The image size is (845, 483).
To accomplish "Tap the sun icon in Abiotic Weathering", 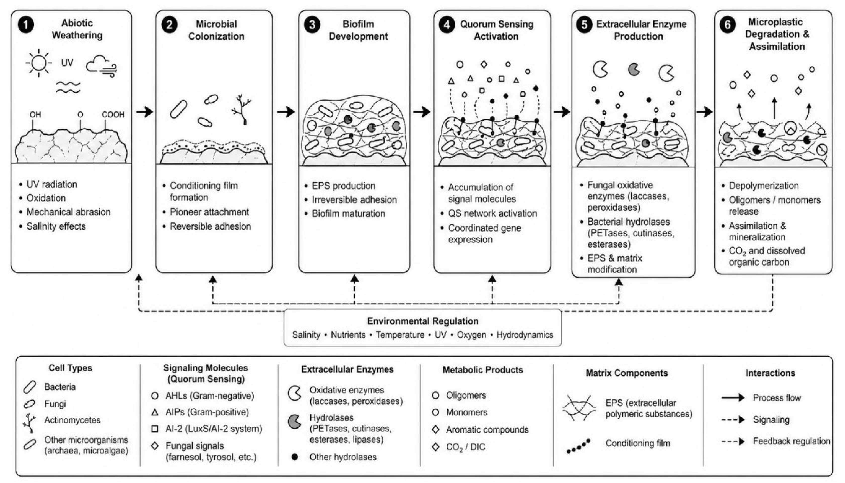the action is click(x=39, y=63).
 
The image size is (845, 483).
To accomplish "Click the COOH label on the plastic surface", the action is click(x=113, y=115).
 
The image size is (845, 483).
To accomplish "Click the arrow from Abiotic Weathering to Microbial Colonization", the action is click(x=144, y=112).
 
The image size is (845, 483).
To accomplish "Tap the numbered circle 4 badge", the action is click(x=447, y=25).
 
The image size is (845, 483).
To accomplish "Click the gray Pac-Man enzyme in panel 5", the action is click(x=634, y=69).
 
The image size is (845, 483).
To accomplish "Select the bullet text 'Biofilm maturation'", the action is click(x=348, y=214).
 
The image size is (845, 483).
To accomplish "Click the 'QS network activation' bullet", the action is click(x=492, y=213).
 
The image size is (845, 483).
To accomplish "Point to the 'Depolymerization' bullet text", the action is click(x=764, y=186).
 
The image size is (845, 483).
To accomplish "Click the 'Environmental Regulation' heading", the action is click(x=422, y=321).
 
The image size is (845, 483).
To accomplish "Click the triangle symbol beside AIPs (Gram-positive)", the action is click(x=155, y=412).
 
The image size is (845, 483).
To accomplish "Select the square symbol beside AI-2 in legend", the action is click(x=155, y=429).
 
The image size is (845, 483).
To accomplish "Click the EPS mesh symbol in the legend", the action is click(x=579, y=408).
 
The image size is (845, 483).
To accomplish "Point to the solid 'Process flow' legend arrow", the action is click(x=733, y=398).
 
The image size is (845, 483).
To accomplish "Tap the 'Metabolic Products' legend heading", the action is click(x=483, y=370).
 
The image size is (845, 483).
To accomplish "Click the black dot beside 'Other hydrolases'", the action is click(x=294, y=457).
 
